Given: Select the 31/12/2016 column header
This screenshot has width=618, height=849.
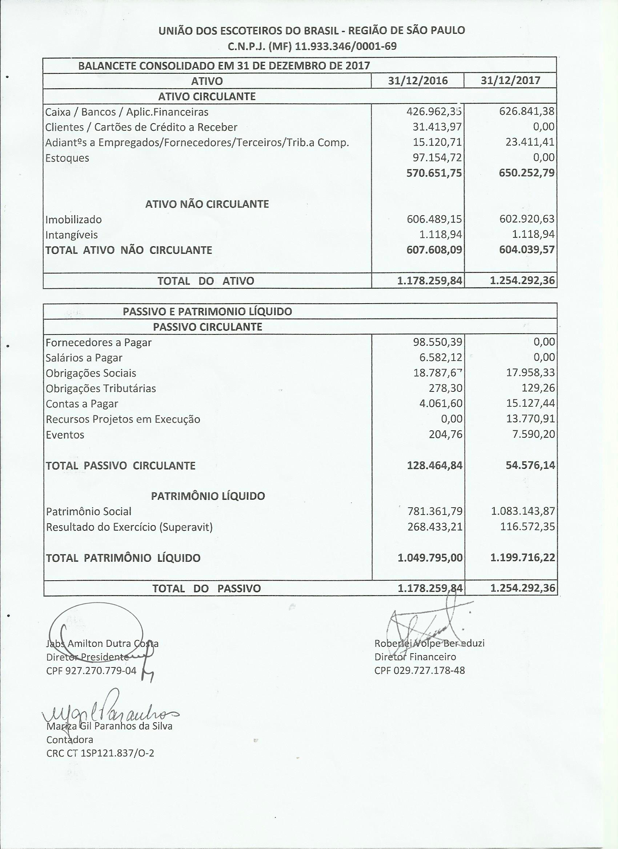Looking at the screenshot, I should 417,81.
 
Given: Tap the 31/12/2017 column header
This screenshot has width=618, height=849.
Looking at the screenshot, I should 510,81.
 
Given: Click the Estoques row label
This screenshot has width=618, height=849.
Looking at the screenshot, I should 67,158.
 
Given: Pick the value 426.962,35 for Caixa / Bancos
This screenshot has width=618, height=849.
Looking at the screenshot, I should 434,111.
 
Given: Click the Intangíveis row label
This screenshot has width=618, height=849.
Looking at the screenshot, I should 71,235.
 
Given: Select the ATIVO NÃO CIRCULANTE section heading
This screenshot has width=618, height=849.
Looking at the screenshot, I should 207,204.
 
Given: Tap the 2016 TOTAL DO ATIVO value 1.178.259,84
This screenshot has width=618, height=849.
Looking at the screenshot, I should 429,280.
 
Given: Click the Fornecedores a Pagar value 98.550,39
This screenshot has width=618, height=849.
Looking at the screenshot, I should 437,342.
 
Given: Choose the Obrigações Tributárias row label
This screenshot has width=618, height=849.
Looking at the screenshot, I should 101,389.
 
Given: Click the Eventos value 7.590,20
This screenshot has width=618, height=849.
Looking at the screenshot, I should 533,434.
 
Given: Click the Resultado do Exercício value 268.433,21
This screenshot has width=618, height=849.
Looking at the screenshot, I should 435,527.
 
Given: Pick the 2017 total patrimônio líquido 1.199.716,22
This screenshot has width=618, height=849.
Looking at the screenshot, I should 522,558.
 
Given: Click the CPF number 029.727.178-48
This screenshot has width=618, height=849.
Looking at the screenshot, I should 429,670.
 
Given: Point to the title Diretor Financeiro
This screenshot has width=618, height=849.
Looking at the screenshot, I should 415,657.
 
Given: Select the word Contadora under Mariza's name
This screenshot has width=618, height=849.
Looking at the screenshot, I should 70,740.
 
